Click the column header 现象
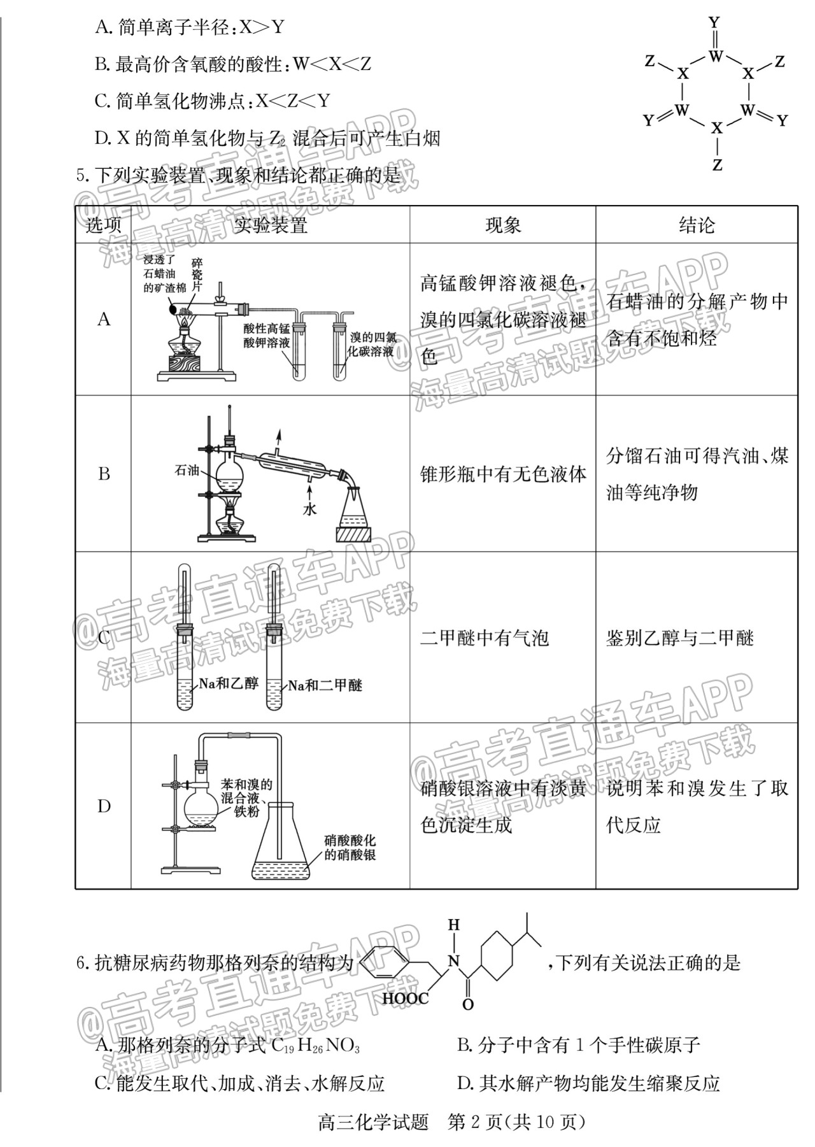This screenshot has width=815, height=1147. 502,225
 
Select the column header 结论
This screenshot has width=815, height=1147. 697,225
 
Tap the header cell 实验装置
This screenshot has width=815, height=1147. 270,225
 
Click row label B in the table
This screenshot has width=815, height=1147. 104,474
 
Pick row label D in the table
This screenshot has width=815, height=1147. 104,806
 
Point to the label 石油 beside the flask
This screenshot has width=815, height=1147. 187,471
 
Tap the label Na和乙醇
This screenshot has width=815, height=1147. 229,683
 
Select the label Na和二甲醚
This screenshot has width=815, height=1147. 325,685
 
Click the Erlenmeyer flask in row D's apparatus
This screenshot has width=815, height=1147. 280,838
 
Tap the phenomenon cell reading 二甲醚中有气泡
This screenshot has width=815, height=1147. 484,638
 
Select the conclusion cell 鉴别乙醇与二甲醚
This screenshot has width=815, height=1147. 679,638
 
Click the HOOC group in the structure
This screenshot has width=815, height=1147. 406,998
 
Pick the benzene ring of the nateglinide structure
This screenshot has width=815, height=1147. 386,963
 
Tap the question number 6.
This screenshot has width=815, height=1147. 81,962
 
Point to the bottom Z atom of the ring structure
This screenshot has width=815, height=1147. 718,165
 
